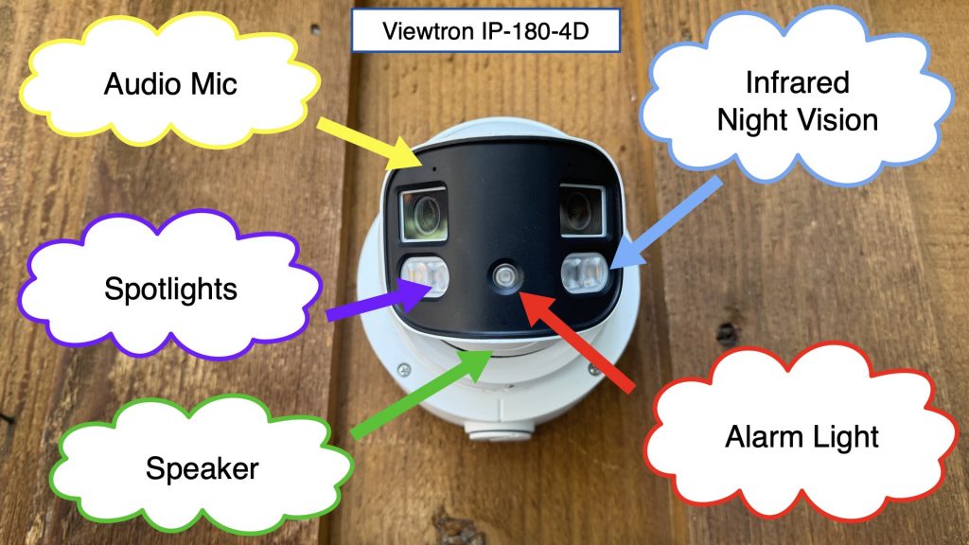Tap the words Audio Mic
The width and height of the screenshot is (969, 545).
170,86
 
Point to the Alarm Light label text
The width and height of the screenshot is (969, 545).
802,436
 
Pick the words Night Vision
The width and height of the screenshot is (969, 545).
797,120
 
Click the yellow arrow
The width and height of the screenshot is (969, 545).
363,139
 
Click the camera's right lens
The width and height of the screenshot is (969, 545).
579,209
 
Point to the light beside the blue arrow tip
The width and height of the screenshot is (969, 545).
583,274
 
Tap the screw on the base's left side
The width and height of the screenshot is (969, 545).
403,366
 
